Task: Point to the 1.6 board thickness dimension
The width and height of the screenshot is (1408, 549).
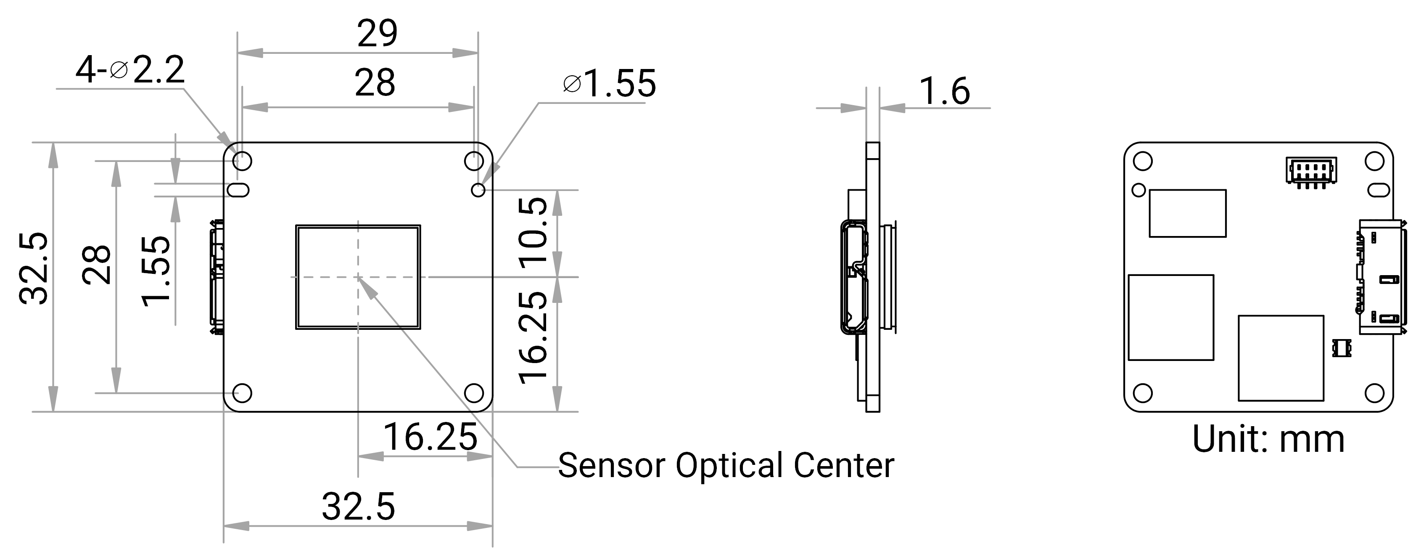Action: [x=945, y=91]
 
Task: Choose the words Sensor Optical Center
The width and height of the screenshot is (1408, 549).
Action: [x=726, y=465]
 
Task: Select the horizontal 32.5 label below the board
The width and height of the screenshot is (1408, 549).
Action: [x=359, y=507]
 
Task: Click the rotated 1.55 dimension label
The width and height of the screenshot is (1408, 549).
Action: [x=155, y=272]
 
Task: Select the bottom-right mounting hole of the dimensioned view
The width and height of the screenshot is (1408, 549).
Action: [x=474, y=392]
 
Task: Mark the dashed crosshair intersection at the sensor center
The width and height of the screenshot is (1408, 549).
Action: [x=358, y=277]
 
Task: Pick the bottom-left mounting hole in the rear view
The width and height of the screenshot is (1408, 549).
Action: [x=1142, y=392]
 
